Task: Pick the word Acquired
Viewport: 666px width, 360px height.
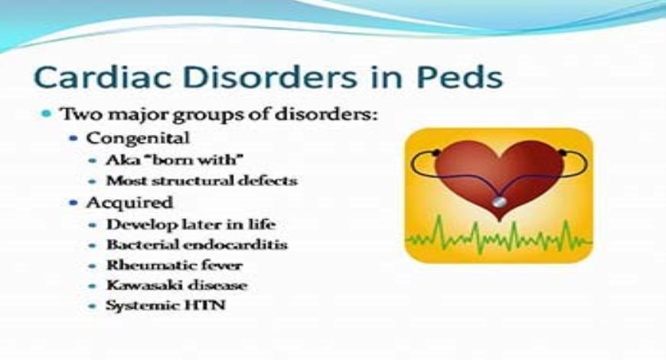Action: point(129,203)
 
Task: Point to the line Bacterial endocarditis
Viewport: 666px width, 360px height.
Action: point(197,246)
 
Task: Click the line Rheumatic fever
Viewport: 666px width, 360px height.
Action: point(175,266)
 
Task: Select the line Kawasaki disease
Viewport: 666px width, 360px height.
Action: point(178,286)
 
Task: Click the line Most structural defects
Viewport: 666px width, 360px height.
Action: point(201,182)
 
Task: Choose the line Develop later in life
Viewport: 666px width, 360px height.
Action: point(191,225)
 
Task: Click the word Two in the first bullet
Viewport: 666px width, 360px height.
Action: point(79,115)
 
